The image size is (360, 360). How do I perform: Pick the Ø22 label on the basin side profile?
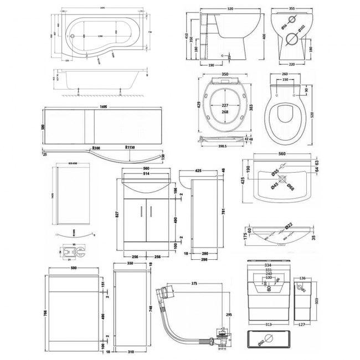(x=289, y=226)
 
